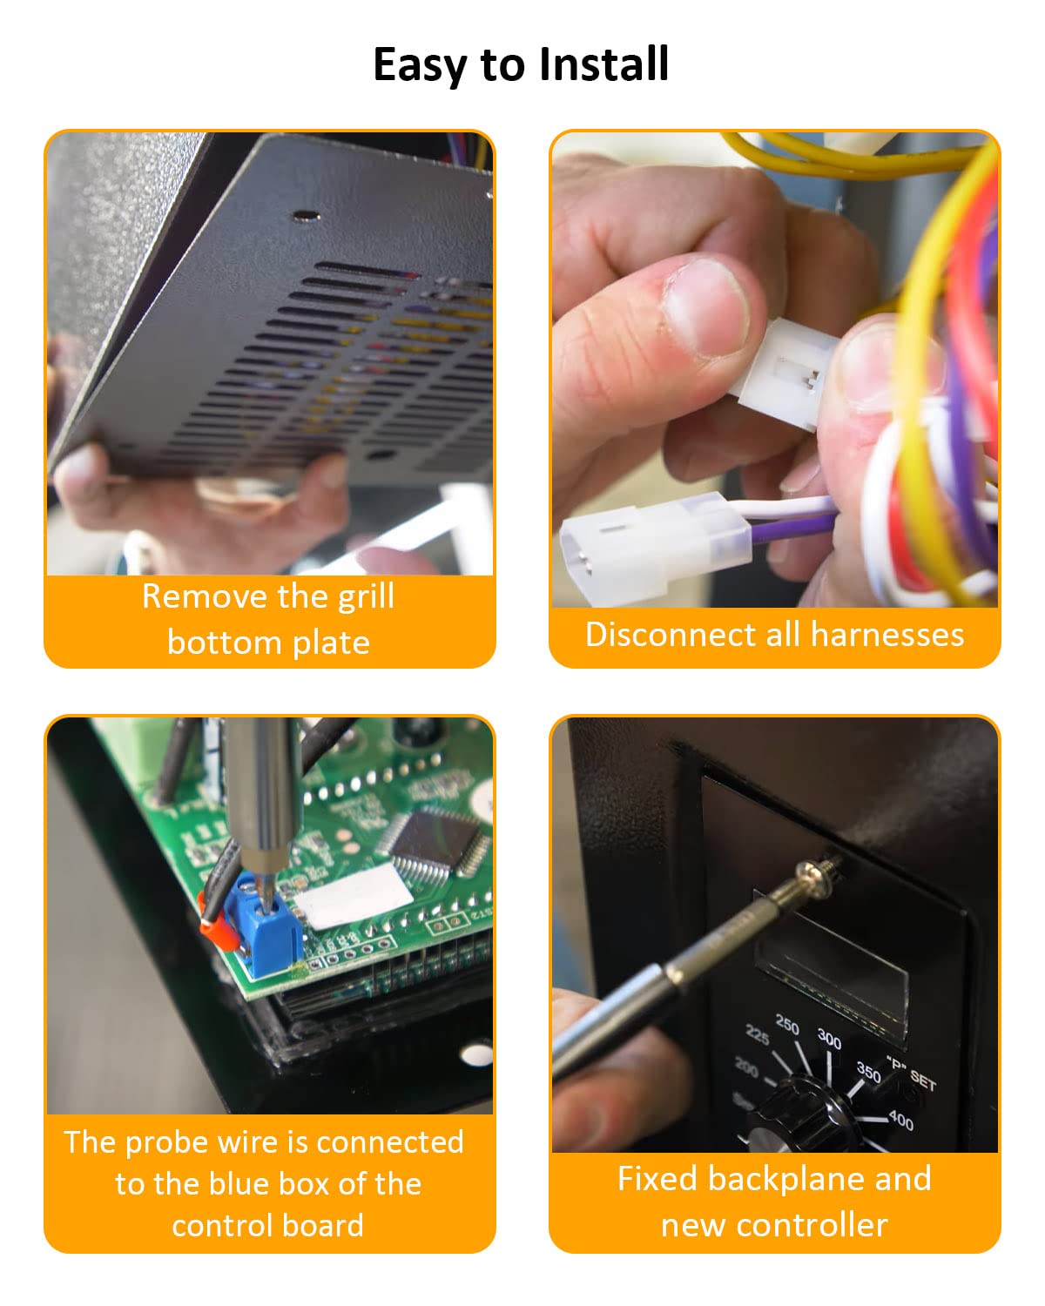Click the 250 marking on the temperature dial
click(x=787, y=1025)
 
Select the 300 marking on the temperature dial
click(x=829, y=1038)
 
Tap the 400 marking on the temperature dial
click(x=900, y=1121)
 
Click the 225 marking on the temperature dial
click(x=757, y=1036)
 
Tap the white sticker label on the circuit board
click(x=353, y=897)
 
